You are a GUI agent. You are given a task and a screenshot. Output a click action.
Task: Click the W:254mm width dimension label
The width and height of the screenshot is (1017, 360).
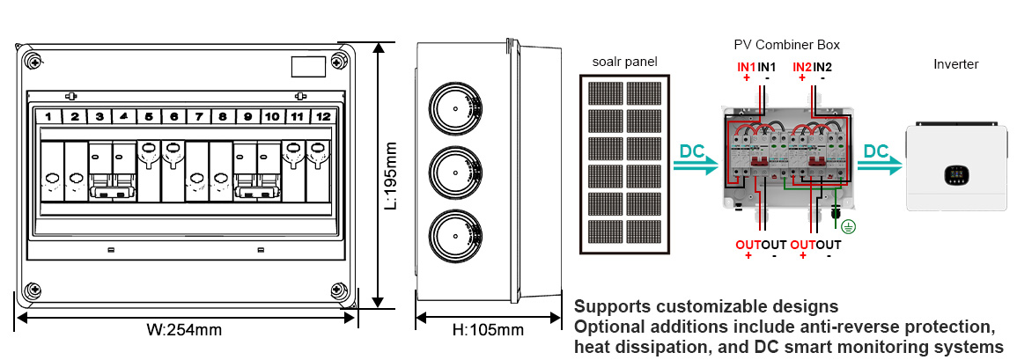click(x=184, y=331)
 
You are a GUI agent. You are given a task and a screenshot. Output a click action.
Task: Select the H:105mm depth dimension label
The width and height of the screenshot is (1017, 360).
click(x=488, y=331)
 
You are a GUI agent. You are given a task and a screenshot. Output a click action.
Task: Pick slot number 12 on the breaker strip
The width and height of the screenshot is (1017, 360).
click(x=324, y=116)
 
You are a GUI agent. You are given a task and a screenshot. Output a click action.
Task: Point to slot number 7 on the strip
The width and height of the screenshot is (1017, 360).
click(x=199, y=116)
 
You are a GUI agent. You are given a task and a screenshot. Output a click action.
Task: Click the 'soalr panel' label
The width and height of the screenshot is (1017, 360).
click(x=624, y=62)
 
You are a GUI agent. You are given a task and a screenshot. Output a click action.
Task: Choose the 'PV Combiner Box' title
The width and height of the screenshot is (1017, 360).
click(x=786, y=44)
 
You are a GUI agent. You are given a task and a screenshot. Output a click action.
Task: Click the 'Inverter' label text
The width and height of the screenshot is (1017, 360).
click(x=955, y=64)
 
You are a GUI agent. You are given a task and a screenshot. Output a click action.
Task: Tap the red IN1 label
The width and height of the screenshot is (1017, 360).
click(x=747, y=67)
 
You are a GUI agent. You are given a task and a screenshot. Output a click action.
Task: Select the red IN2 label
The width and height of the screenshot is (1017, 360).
click(x=802, y=67)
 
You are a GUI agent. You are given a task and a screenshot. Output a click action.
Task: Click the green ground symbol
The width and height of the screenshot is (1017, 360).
click(x=847, y=226)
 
